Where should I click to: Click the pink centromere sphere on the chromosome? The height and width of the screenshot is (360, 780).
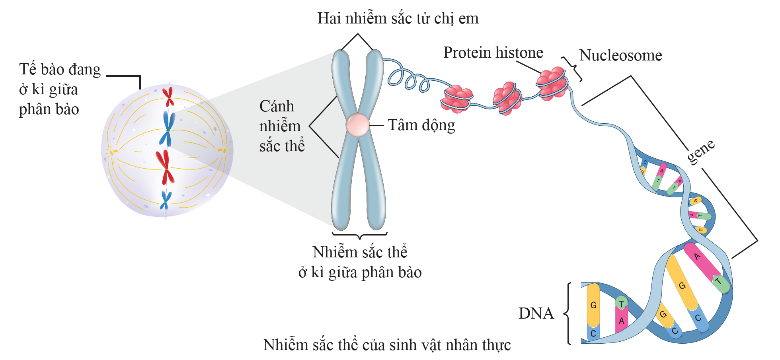pos(358,125)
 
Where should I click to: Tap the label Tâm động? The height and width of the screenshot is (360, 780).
pos(421,125)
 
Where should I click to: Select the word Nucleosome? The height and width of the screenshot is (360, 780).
pos(620,55)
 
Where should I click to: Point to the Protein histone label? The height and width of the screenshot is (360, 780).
pos(493,53)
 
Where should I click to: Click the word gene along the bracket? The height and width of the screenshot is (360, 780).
pos(701,151)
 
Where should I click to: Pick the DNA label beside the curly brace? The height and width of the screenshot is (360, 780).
pos(536,313)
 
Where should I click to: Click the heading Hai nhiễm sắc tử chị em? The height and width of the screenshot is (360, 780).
pos(398,18)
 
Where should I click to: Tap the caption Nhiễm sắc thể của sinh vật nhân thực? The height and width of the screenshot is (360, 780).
pos(387,345)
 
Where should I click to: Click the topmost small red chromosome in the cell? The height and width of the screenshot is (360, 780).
pos(169,97)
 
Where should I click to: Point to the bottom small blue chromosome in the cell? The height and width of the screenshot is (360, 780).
pos(166,200)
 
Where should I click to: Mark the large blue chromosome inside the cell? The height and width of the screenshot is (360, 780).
pos(168,128)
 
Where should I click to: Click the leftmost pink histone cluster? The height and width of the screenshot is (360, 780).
pos(456,99)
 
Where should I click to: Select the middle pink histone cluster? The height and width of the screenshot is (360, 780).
pos(507,98)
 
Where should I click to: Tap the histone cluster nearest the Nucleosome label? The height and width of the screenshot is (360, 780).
pos(552,83)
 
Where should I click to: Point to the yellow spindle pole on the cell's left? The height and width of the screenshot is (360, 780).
pos(113,152)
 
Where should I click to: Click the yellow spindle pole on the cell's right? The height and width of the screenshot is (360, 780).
pos(222,150)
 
